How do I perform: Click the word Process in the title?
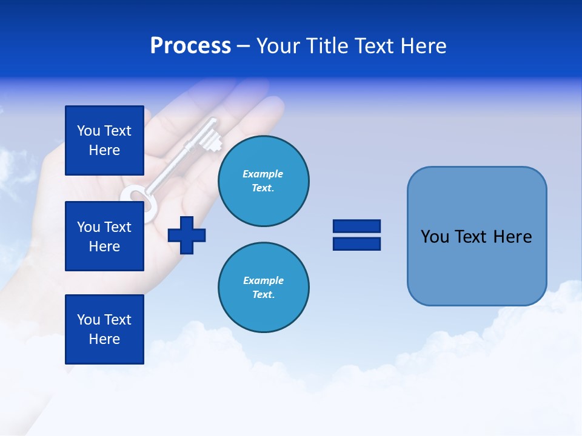[x=190, y=46]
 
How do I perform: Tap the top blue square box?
[x=104, y=140]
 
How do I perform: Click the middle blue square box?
[x=104, y=236]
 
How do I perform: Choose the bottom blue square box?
[x=104, y=329]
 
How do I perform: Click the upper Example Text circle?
[x=263, y=180]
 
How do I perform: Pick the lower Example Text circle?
[x=263, y=287]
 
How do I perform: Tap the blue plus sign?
[x=187, y=235]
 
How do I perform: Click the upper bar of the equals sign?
[x=356, y=226]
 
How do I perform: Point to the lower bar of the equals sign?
[x=356, y=243]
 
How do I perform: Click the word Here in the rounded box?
[x=512, y=237]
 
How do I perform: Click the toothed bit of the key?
[x=210, y=136]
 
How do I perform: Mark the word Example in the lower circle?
[x=263, y=280]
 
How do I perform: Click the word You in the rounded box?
[x=434, y=237]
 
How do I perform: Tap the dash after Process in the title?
[x=243, y=47]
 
